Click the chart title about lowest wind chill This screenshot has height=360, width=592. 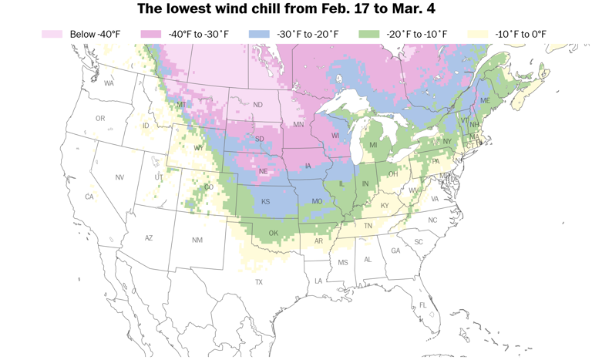coord(296,10)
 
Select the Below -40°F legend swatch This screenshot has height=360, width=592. coord(52,34)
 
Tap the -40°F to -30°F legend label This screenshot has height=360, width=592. coord(200,34)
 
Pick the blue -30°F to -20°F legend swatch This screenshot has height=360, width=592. coord(259,34)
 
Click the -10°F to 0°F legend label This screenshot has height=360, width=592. coord(520,34)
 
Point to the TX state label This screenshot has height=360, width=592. coord(259,282)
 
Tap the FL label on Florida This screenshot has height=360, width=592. coord(422,305)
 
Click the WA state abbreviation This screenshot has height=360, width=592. coord(109,83)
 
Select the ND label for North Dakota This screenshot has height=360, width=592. coord(257,105)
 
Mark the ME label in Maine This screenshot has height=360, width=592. coord(485,101)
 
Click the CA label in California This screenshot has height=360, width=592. coord(89,197)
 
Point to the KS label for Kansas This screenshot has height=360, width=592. coord(265,201)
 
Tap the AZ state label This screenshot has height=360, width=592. coord(149,238)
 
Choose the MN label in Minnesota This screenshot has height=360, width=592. coord(298,124)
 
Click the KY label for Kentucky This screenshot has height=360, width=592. coord(384,206)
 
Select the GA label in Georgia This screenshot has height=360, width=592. coord(395,251)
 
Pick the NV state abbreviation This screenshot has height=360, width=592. coord(119,177)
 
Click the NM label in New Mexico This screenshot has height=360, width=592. coord(197,241)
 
